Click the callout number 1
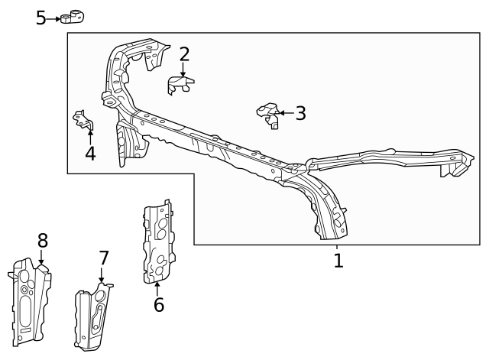tap(338, 261)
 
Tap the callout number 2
tap(184, 54)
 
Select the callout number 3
tap(300, 114)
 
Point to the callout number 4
tap(90, 154)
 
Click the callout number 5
tap(41, 18)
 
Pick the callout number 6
tap(158, 305)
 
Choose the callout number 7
tap(103, 258)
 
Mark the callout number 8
tap(43, 241)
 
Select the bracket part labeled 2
tap(180, 83)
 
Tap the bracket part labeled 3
tap(268, 115)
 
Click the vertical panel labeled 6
tap(159, 242)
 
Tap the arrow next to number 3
tap(286, 113)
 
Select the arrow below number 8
tap(41, 258)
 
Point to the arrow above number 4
tap(90, 137)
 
